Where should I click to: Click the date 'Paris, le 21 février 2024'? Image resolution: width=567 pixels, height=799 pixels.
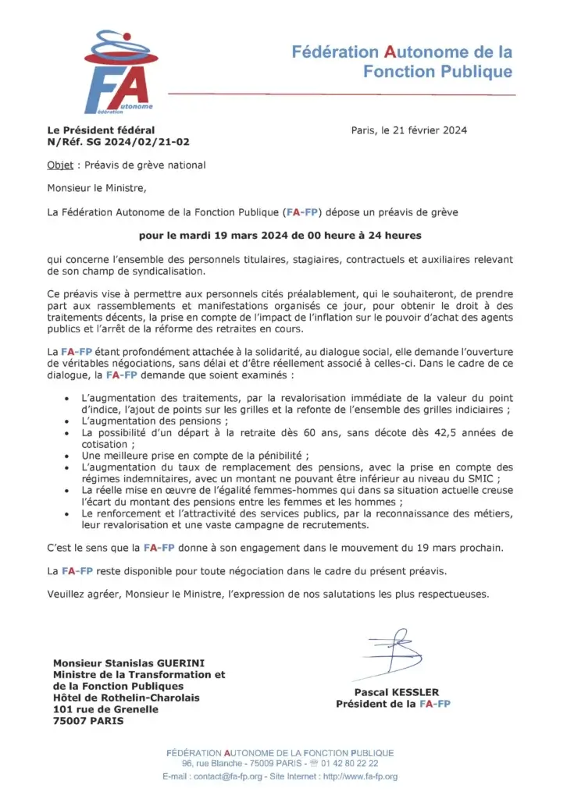click(x=408, y=130)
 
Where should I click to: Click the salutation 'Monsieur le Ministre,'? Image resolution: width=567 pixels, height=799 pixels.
click(x=97, y=188)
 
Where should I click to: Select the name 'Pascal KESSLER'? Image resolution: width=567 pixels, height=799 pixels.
click(x=396, y=692)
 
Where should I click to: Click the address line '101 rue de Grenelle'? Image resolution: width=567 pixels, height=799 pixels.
click(x=105, y=709)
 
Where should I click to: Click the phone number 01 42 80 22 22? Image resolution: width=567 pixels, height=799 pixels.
click(x=345, y=763)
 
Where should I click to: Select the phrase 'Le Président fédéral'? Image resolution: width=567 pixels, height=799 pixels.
click(x=101, y=130)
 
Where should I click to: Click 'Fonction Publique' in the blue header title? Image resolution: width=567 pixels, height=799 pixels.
click(x=438, y=72)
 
